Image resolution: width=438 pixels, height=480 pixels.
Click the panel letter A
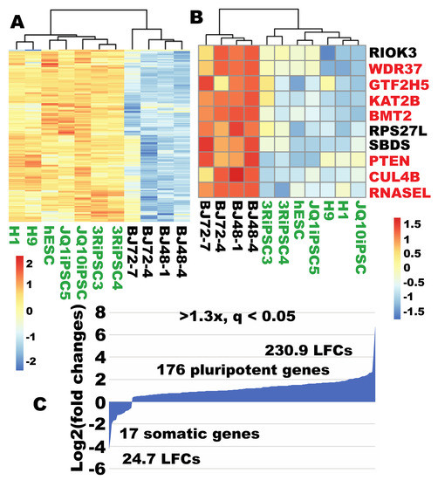(x=17, y=18)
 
